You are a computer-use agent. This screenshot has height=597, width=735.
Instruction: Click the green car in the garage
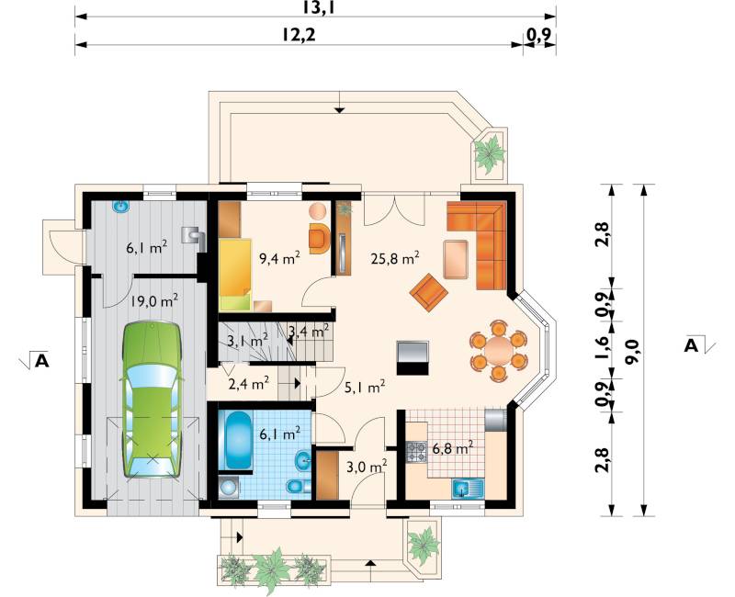pyautogui.click(x=152, y=400)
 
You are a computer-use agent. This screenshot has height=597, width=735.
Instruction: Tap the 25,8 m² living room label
pyautogui.click(x=395, y=258)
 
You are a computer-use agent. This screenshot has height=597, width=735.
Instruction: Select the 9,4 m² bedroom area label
pyautogui.click(x=279, y=258)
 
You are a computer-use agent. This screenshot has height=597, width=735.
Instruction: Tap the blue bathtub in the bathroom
pyautogui.click(x=239, y=440)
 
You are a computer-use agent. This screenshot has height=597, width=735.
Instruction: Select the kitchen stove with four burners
pyautogui.click(x=416, y=452)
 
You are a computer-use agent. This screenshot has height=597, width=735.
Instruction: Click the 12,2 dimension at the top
pyautogui.click(x=299, y=35)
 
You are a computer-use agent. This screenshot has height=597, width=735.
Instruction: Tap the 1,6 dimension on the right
pyautogui.click(x=603, y=348)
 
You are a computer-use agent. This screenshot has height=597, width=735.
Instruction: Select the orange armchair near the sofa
pyautogui.click(x=428, y=293)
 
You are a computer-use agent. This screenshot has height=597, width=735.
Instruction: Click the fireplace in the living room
pyautogui.click(x=413, y=358)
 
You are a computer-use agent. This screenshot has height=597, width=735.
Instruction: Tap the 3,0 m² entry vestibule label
pyautogui.click(x=366, y=466)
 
